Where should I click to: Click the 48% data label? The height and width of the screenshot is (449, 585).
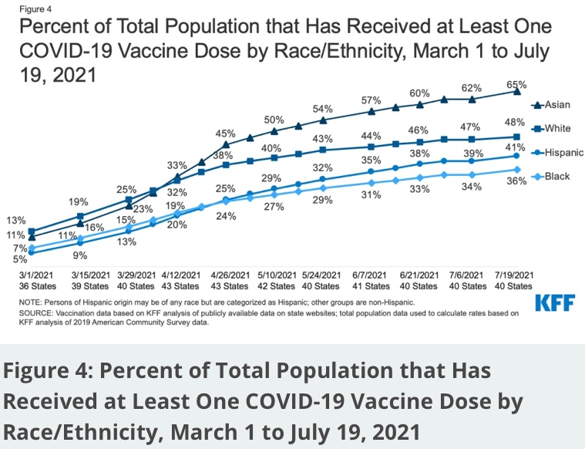(x=516, y=122)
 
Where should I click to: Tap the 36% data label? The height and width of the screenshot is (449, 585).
(x=516, y=181)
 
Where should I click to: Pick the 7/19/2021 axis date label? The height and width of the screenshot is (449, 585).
(x=515, y=275)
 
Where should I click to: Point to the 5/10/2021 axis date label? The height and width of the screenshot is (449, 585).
(x=274, y=275)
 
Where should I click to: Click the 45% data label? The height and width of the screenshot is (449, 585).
(x=225, y=132)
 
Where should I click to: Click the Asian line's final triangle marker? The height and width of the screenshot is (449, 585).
(x=516, y=91)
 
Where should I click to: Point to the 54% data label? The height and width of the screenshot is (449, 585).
(x=323, y=109)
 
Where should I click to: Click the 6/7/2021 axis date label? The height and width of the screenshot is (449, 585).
(x=371, y=275)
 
